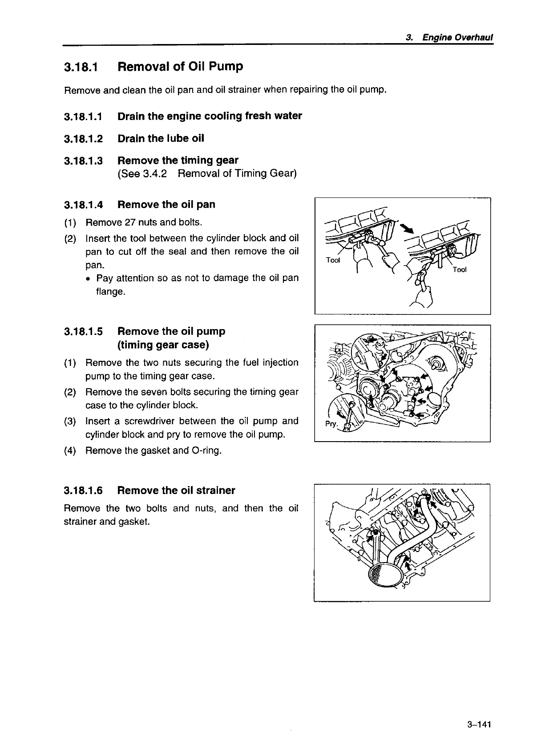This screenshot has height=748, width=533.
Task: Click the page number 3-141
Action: click(x=479, y=725)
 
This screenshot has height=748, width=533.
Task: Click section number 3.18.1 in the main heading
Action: click(x=81, y=68)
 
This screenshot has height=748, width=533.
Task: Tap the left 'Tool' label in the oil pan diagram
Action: click(x=333, y=260)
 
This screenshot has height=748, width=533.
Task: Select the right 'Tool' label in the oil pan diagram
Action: click(x=460, y=269)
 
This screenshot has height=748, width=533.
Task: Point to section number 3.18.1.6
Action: click(x=83, y=491)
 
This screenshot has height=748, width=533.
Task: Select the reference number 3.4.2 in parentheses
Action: click(x=155, y=174)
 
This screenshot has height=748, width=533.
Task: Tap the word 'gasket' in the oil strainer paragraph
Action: click(x=132, y=522)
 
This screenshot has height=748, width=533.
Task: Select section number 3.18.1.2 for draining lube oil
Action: click(x=83, y=139)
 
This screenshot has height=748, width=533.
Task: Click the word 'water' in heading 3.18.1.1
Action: click(x=287, y=116)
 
